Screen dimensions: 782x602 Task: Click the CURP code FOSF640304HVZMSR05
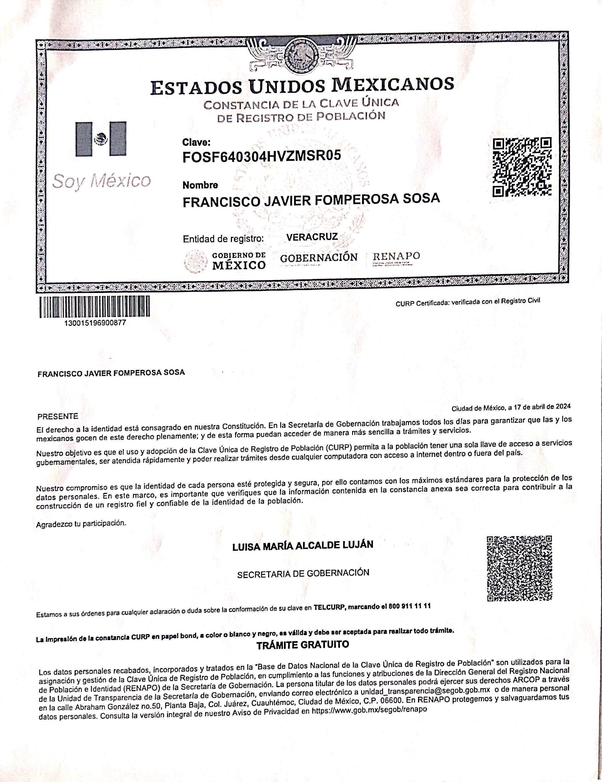261,156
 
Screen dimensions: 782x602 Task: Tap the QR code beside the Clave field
522,167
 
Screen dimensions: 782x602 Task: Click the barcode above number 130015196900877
94,307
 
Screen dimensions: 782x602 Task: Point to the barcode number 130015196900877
94,323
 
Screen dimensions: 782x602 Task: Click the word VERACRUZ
312,237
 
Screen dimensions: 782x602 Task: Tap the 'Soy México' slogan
102,181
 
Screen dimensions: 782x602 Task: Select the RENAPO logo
396,257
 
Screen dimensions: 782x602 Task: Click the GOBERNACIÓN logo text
319,258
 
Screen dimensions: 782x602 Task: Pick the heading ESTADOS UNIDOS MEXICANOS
302,86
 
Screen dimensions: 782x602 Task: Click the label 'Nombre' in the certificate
200,185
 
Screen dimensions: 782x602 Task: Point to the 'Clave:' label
196,143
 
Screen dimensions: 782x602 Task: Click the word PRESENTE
57,416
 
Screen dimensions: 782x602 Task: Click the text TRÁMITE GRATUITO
303,645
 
